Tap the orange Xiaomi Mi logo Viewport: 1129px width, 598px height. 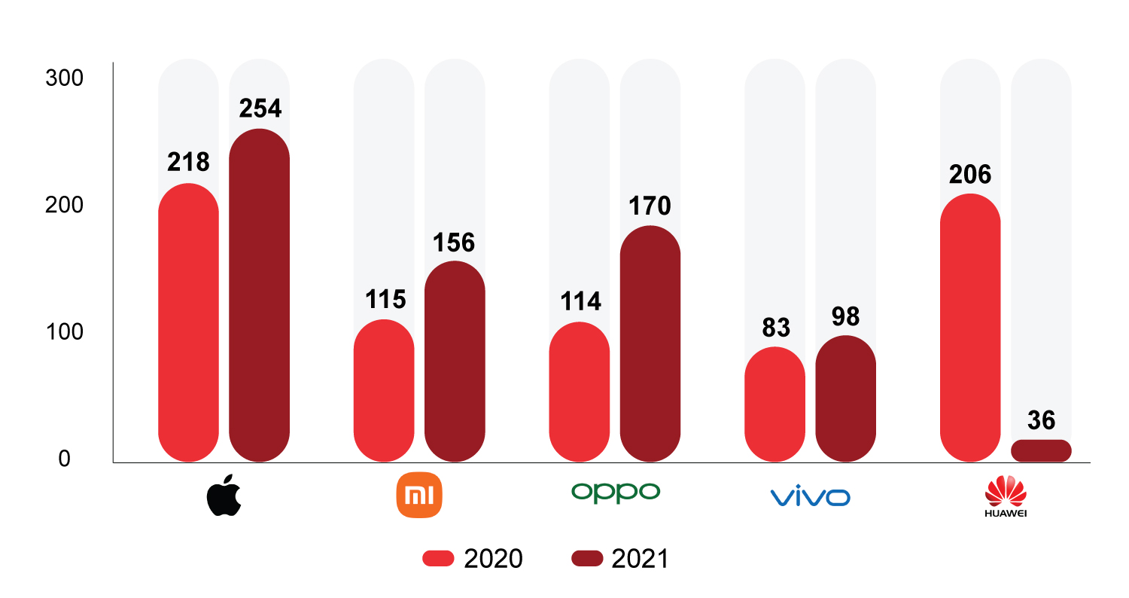[419, 496]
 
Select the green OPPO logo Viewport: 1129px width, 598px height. [616, 492]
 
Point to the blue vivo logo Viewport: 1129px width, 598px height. [810, 497]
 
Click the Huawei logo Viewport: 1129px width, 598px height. [1006, 497]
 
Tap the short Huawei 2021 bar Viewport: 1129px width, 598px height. [1041, 450]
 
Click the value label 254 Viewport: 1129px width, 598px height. [260, 109]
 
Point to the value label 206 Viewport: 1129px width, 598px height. [969, 175]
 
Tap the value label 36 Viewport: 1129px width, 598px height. [1041, 420]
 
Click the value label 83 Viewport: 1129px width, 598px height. [775, 328]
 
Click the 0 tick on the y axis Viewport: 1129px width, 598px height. [64, 459]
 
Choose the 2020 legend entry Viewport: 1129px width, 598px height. [472, 559]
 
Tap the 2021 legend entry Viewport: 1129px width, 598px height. [619, 559]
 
